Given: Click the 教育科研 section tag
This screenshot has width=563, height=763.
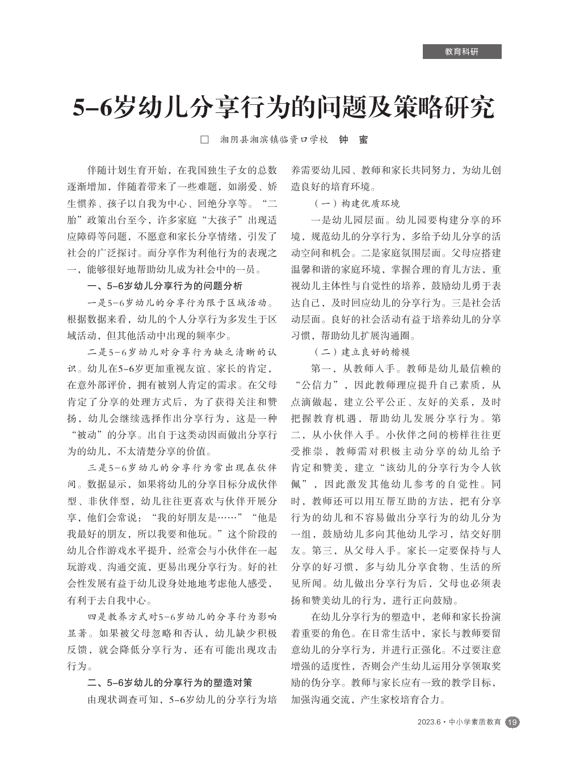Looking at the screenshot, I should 462,52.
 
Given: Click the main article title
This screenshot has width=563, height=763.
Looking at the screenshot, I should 283,108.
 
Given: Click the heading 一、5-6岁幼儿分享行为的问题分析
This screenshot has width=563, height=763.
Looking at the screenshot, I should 165,286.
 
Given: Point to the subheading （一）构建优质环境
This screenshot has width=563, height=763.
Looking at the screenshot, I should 356,204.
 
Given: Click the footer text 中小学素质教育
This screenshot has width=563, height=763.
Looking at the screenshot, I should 475,722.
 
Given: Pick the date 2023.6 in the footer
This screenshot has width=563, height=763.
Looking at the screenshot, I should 428,722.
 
